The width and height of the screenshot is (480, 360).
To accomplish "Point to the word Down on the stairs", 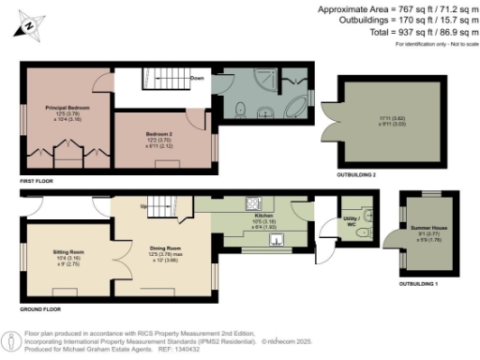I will point(197,78).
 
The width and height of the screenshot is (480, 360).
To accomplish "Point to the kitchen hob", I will point(251,202).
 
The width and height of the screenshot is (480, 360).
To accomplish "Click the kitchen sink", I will point(276,239).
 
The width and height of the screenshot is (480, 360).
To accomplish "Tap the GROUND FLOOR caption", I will point(39,307).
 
